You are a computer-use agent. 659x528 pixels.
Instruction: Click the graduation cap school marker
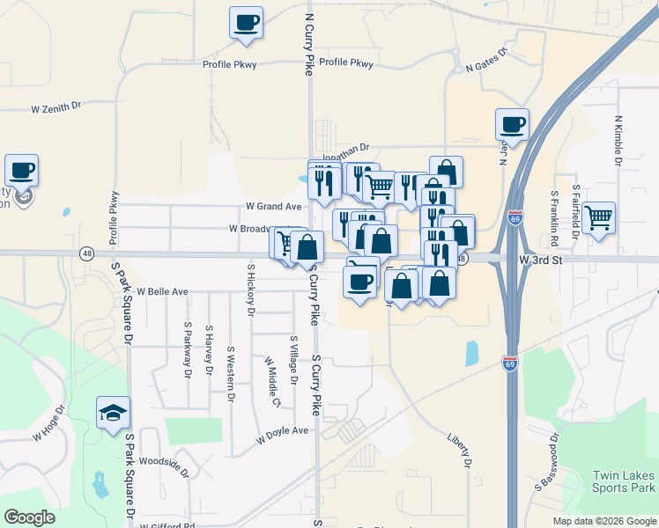(x=114, y=414)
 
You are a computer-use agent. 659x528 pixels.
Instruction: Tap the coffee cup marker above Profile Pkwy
(x=246, y=22)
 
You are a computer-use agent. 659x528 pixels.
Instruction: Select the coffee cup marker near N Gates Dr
(x=512, y=125)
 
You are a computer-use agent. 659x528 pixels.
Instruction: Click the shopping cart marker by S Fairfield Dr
(x=598, y=216)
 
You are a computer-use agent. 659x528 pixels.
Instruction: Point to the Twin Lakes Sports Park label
(x=624, y=480)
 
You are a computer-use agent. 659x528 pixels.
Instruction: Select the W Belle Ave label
(x=162, y=291)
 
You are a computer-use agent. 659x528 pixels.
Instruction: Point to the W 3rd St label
(x=540, y=260)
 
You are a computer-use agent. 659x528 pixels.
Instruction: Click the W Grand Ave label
(x=274, y=207)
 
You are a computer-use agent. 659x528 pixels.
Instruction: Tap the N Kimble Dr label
(x=618, y=140)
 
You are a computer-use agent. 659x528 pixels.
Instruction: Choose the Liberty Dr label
(x=460, y=450)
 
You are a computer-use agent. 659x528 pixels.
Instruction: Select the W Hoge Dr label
(x=49, y=423)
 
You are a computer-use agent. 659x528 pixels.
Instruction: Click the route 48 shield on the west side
(x=86, y=253)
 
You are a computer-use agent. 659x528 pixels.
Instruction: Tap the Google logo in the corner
(x=29, y=517)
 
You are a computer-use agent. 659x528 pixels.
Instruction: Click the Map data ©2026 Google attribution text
(x=603, y=521)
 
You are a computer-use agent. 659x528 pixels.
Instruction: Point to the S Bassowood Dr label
(x=545, y=461)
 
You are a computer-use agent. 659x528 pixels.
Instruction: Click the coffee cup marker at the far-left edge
(x=21, y=171)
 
